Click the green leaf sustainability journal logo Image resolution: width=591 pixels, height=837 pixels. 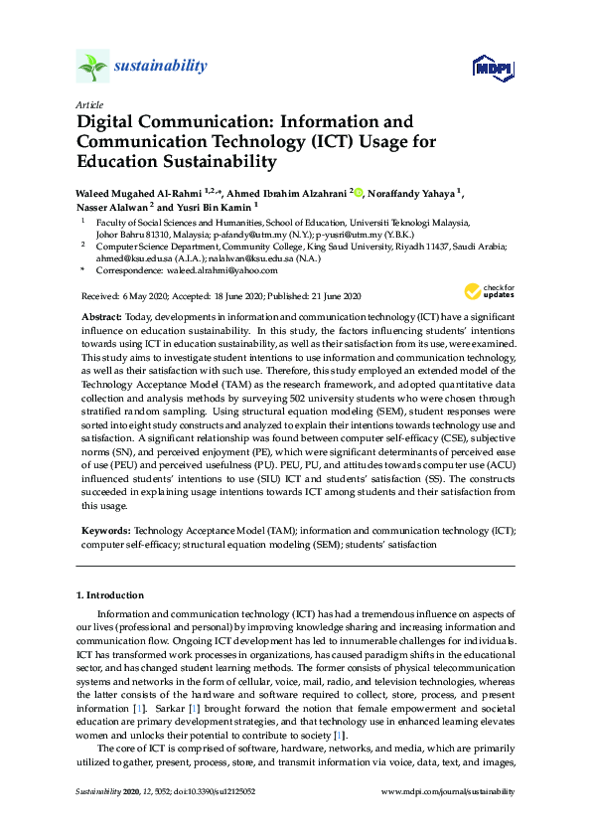(x=91, y=67)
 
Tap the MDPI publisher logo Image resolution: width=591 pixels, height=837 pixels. (x=492, y=68)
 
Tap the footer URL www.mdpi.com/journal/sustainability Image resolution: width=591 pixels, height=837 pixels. (x=448, y=792)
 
